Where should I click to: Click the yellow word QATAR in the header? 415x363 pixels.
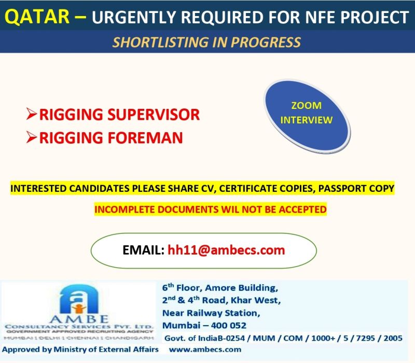coord(37,17)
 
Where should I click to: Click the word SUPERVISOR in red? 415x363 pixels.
coord(154,115)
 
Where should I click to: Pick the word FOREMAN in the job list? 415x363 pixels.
coord(145,138)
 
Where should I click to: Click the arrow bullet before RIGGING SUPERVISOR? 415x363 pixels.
coord(32,114)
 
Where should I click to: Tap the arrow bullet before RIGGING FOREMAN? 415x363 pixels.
coord(32,137)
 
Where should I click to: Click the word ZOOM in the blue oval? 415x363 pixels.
coord(306,106)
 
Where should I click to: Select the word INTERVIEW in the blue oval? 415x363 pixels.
coord(306,120)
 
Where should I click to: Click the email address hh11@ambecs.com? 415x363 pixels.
coord(226,250)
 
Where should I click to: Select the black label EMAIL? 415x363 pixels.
coord(144,250)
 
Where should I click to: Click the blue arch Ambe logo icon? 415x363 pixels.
coord(79,299)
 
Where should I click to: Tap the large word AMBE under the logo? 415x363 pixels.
coord(79,319)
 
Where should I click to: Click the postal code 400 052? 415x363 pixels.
coord(229,326)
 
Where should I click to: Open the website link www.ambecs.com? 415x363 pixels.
coord(205,350)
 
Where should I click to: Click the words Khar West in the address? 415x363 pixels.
coord(255,300)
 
